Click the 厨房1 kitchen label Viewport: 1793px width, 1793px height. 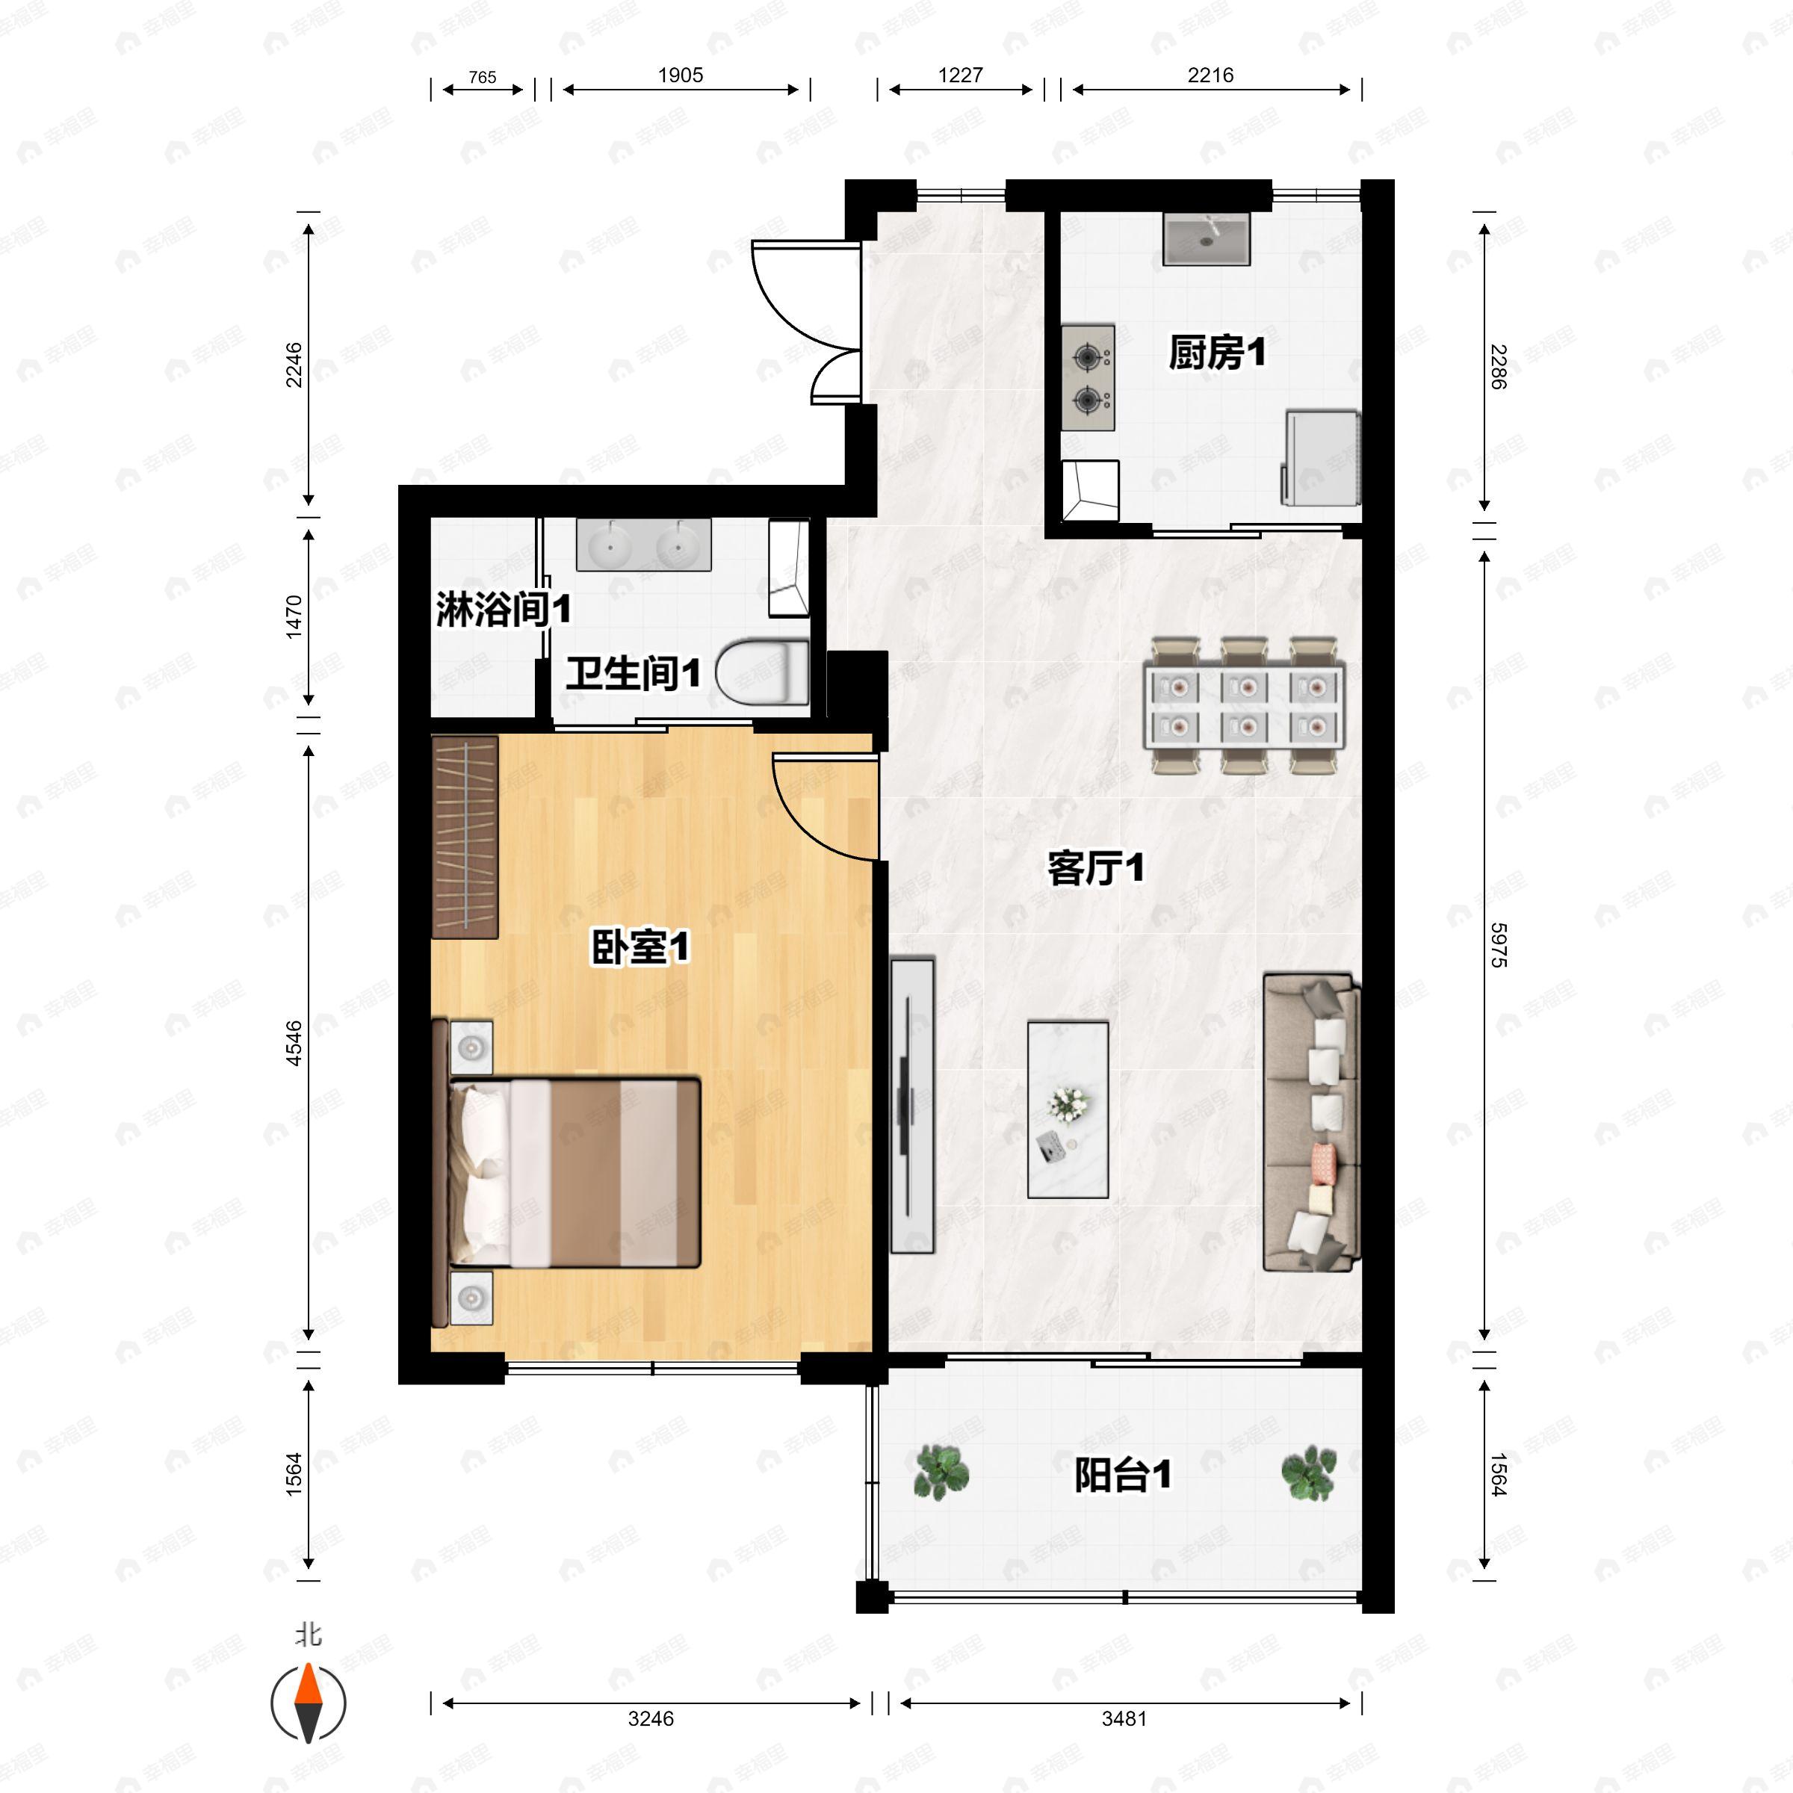pos(1217,353)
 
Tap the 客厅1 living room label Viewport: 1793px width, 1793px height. pos(1095,869)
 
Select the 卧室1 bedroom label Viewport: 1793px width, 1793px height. pos(640,947)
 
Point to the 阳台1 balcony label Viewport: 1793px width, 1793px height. pos(1122,1475)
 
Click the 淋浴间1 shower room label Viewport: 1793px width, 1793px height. pos(503,610)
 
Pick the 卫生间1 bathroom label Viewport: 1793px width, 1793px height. pos(633,673)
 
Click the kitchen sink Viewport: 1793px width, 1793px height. pos(1207,238)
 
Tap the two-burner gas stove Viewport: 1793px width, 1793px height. pos(1088,378)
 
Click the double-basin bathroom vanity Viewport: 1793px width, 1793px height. pos(644,544)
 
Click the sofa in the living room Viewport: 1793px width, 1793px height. pos(1311,1122)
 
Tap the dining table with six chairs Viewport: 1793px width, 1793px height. pos(1245,705)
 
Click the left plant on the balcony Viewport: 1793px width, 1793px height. pos(942,1473)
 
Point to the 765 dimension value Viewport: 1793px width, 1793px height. pos(483,78)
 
